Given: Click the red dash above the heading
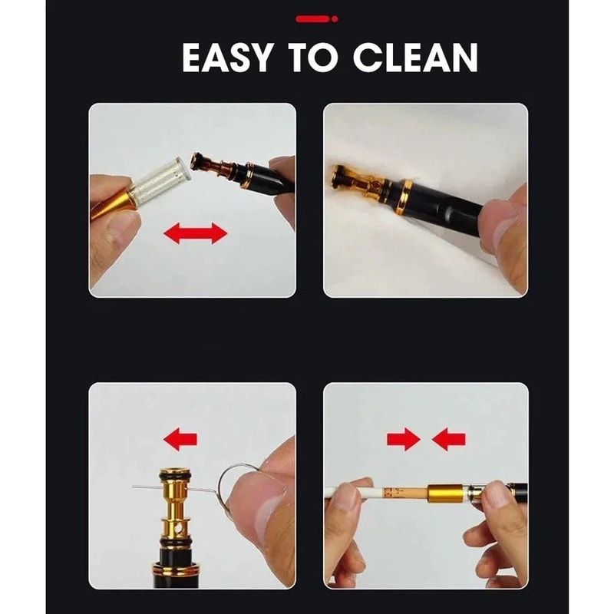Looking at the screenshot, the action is coord(312,18).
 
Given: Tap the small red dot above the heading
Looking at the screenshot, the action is coord(335,18).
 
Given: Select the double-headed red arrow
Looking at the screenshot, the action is coord(196,234).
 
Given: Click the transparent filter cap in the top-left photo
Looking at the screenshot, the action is coord(163,181).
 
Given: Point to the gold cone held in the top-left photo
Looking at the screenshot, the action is coord(114,203).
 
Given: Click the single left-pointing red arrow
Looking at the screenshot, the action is coord(180,439).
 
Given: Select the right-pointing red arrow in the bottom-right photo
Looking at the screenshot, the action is coord(404,439).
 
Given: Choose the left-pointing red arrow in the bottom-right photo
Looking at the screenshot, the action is coord(449,439).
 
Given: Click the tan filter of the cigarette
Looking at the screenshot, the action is coord(405,494).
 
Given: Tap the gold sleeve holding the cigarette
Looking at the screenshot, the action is coord(447,494).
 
